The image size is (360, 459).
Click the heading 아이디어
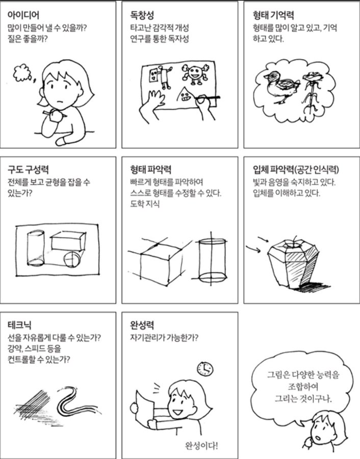(23, 15)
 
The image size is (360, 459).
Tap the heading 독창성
(142, 15)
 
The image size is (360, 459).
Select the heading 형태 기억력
(273, 15)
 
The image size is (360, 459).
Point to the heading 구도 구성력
(28, 169)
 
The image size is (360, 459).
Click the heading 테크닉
(19, 325)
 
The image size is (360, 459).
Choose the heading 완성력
(142, 325)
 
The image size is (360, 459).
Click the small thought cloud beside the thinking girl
(21, 72)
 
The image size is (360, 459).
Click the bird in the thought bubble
(281, 86)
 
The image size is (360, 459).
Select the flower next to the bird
(311, 92)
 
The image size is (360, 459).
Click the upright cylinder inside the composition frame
(36, 248)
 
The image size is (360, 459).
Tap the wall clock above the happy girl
(205, 369)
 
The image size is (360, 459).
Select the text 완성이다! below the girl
(201, 446)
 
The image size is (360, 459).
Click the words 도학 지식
(145, 203)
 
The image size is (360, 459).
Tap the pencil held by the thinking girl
(55, 114)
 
